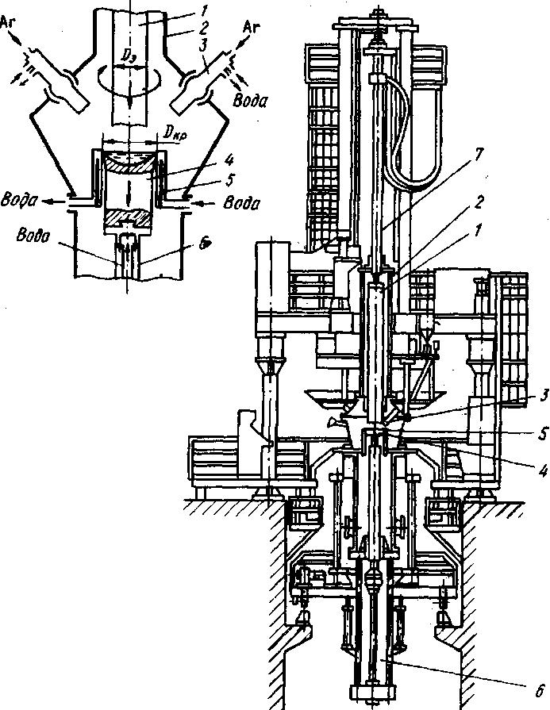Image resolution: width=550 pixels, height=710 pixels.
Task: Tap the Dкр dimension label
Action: (175, 132)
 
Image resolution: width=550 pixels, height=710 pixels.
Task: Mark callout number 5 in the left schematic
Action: (229, 180)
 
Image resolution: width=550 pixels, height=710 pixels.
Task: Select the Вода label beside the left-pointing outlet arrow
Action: (17, 200)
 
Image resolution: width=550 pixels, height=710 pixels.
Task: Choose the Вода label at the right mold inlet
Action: (242, 203)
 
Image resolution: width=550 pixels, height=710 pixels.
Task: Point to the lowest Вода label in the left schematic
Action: (33, 236)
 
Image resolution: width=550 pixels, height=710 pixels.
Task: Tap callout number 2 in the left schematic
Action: (202, 28)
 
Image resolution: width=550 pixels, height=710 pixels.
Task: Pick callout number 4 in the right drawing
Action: (543, 471)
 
